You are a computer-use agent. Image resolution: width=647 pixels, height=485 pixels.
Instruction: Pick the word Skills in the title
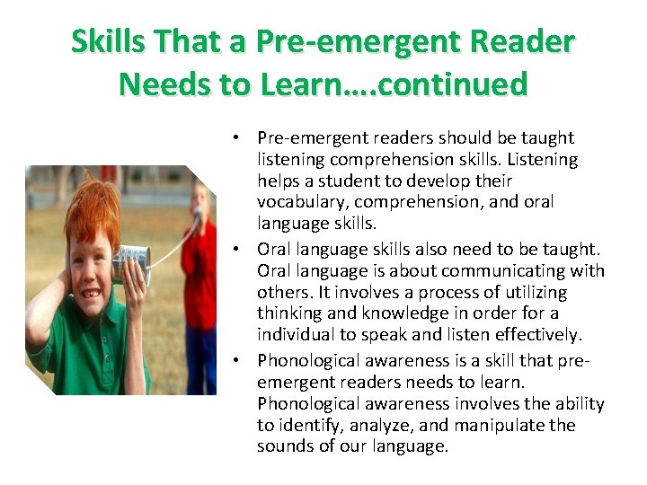pos(104,41)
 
